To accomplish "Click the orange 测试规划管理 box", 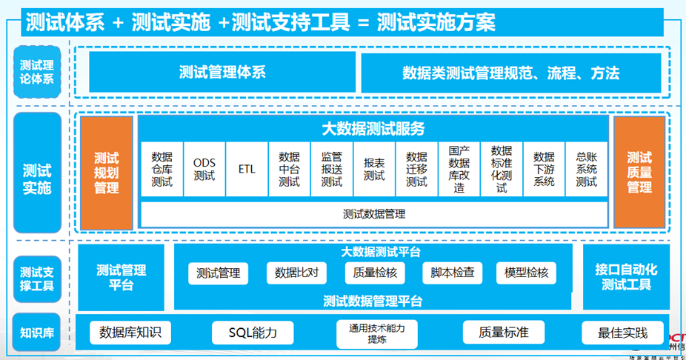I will (x=107, y=173).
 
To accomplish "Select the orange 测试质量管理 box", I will (x=639, y=173).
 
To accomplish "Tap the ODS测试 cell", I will (x=204, y=170).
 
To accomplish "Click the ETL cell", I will (x=247, y=170).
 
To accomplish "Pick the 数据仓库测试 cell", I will (x=161, y=170).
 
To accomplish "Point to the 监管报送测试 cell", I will (x=332, y=170).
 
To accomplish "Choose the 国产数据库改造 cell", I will (x=459, y=170).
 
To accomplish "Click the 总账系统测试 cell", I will (x=587, y=170).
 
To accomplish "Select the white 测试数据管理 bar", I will (x=374, y=214).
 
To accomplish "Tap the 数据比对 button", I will (x=296, y=273).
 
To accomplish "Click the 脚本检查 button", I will (x=452, y=273).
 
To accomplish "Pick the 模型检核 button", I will (x=526, y=273).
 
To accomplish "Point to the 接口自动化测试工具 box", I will (x=626, y=276).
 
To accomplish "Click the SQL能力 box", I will (x=253, y=333).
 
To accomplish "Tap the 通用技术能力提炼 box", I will (x=376, y=333).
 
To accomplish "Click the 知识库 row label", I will (x=36, y=333).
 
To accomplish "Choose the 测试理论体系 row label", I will (x=37, y=72).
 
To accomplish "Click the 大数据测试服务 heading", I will (x=373, y=129).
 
